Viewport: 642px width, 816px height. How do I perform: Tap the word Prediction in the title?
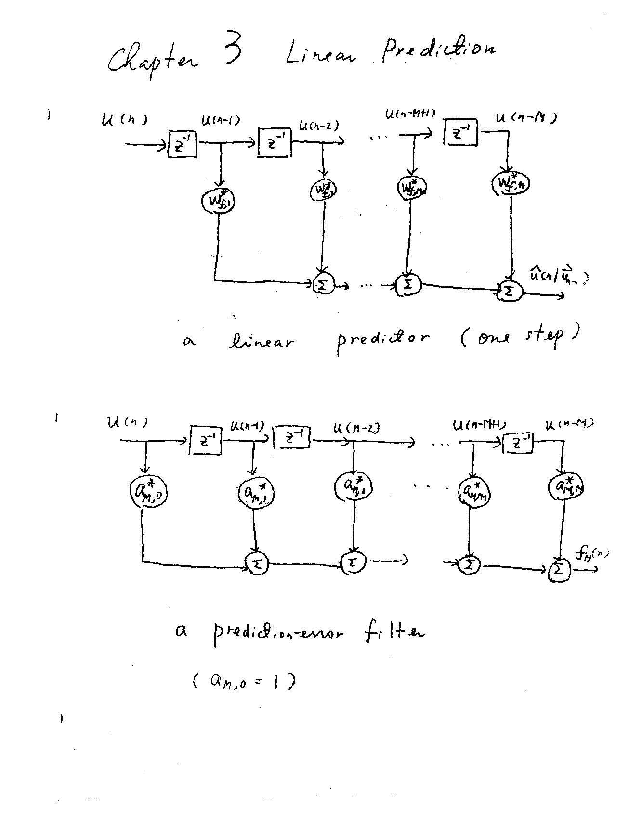point(438,50)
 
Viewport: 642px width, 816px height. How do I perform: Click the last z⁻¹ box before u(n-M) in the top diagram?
point(460,132)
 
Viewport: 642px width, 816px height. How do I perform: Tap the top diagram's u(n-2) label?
point(318,126)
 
